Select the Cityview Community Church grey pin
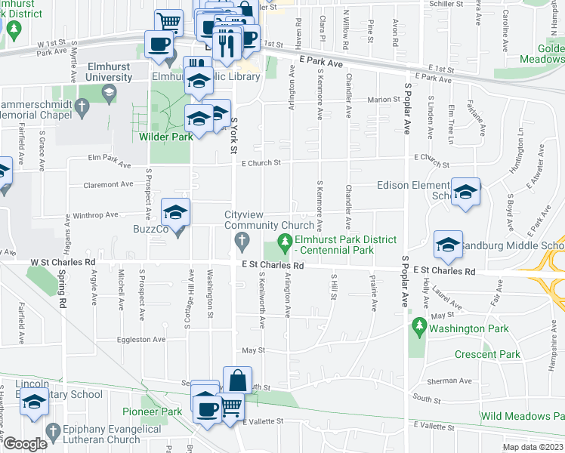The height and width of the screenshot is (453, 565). pyautogui.click(x=242, y=242)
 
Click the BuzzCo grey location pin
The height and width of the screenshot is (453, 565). pyautogui.click(x=178, y=230)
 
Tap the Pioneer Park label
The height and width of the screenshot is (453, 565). pyautogui.click(x=152, y=411)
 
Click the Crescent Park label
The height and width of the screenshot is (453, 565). pyautogui.click(x=488, y=354)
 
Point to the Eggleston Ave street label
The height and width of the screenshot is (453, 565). pyautogui.click(x=144, y=340)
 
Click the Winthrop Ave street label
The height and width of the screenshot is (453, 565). pyautogui.click(x=95, y=214)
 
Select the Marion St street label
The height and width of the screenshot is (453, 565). pyautogui.click(x=384, y=100)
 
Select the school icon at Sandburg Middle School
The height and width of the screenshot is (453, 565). pyautogui.click(x=448, y=244)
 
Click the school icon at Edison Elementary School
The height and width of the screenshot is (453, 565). pyautogui.click(x=465, y=191)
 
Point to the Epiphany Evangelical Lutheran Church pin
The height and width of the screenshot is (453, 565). pyautogui.click(x=52, y=430)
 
